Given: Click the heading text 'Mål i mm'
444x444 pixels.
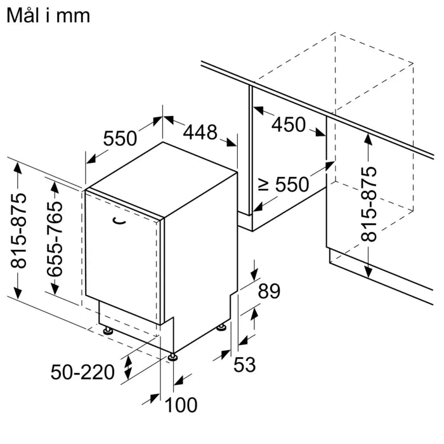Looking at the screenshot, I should pyautogui.click(x=48, y=15).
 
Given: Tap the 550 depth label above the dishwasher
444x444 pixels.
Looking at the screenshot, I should pyautogui.click(x=120, y=138).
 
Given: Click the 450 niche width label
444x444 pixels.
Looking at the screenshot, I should pyautogui.click(x=289, y=124).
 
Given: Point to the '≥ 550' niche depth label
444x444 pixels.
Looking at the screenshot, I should pyautogui.click(x=283, y=185).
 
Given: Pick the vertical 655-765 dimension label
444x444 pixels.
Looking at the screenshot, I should pyautogui.click(x=55, y=238).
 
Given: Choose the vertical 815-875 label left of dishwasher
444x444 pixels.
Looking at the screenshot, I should pyautogui.click(x=19, y=232).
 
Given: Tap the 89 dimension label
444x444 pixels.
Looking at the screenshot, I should pyautogui.click(x=270, y=291).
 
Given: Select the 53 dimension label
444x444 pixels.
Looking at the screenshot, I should pyautogui.click(x=244, y=365).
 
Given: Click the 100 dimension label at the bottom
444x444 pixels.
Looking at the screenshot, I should pyautogui.click(x=181, y=404).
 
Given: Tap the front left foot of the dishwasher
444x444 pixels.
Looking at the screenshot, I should pyautogui.click(x=108, y=331).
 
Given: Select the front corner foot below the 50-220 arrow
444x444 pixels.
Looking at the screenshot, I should pyautogui.click(x=173, y=356).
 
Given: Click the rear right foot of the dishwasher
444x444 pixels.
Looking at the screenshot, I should pyautogui.click(x=221, y=327).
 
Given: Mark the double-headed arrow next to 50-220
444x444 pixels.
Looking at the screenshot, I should pyautogui.click(x=128, y=366).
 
